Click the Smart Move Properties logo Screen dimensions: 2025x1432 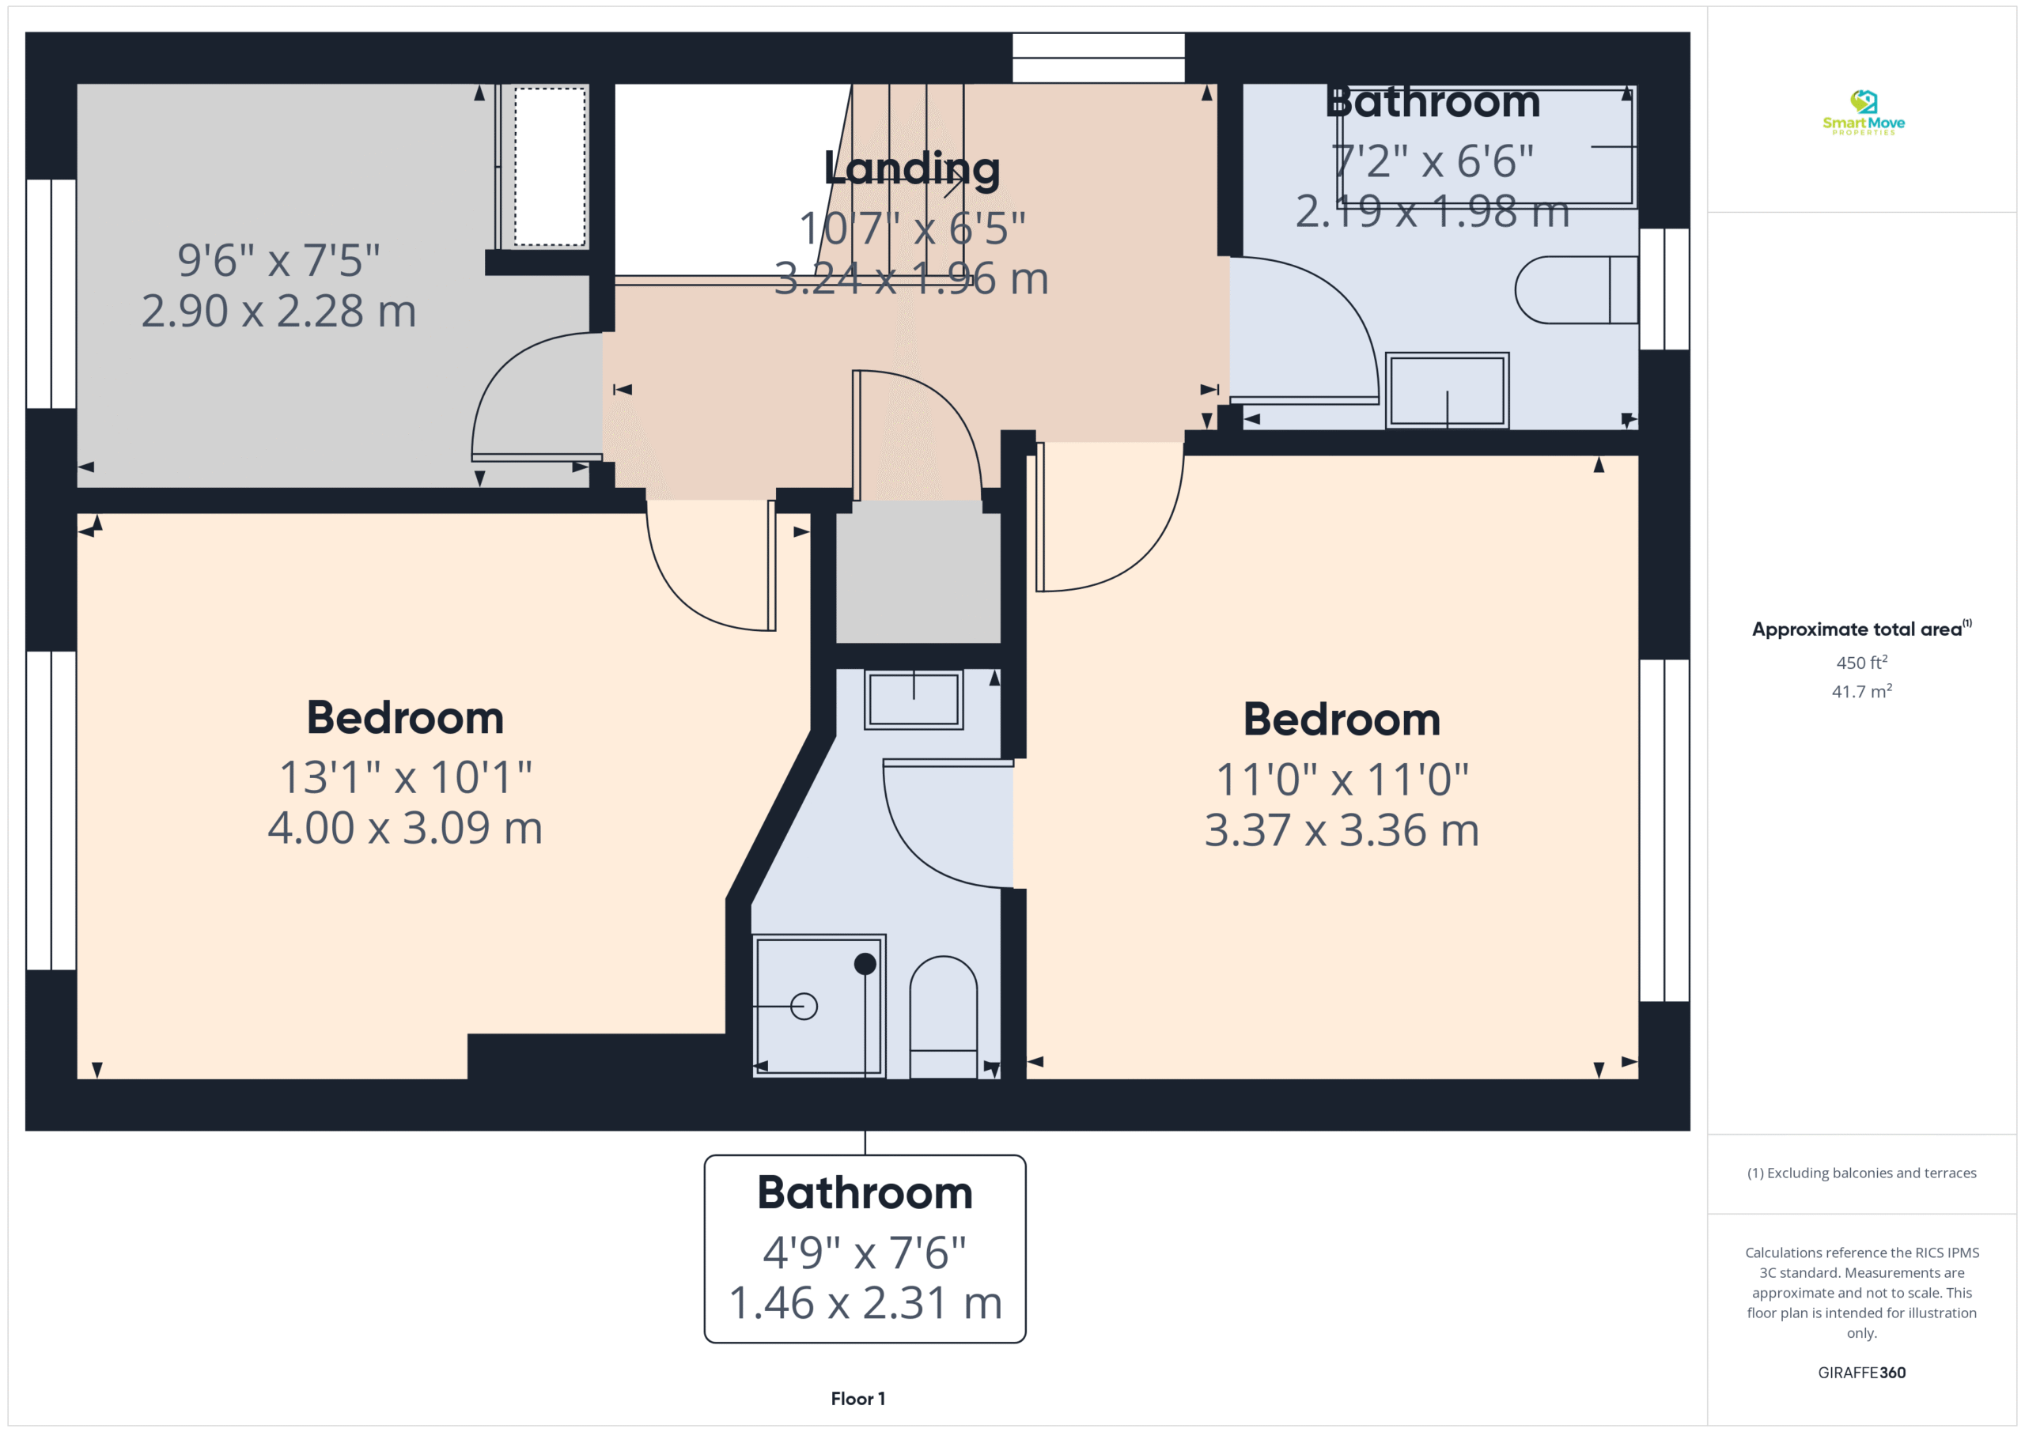coord(1863,112)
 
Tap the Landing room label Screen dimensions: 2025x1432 coord(912,168)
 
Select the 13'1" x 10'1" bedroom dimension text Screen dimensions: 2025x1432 coord(406,778)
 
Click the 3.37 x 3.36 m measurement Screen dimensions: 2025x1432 coord(1342,829)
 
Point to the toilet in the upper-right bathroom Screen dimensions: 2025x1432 coord(1576,289)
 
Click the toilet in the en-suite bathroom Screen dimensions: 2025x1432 coord(943,1017)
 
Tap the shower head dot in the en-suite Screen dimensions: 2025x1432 coord(865,964)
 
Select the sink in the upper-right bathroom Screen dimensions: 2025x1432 coord(1448,391)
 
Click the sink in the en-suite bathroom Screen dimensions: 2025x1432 coord(914,699)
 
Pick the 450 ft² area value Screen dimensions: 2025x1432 coord(1862,662)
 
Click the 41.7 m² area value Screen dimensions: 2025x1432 coord(1862,691)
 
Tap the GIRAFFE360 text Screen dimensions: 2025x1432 coord(1862,1373)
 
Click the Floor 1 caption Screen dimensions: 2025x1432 coord(858,1400)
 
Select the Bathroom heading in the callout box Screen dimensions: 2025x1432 coord(865,1193)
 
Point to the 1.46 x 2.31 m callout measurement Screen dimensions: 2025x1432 coord(865,1302)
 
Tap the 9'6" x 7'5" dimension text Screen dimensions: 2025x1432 coord(278,260)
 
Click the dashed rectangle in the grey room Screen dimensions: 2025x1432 coord(551,167)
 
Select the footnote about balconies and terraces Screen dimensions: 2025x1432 coord(1862,1173)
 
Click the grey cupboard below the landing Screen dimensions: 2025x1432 coord(918,577)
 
